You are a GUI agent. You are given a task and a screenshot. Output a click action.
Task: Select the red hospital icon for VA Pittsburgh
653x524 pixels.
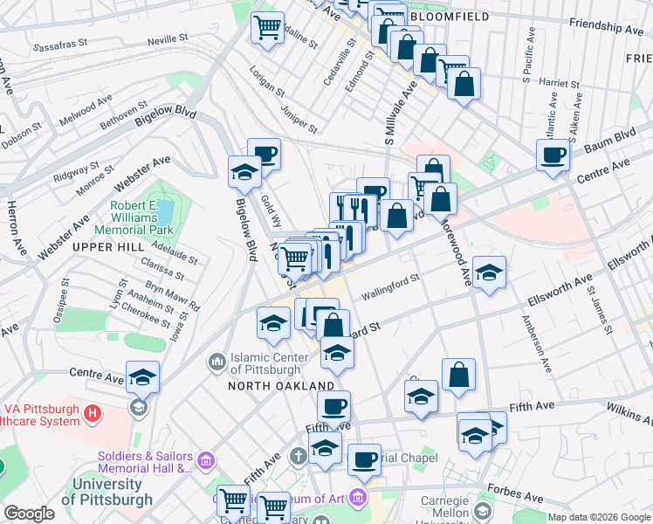coord(92,410)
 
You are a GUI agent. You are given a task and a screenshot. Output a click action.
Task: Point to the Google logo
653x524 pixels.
coord(29,514)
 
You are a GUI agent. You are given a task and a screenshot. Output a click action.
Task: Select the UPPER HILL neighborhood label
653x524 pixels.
coord(107,247)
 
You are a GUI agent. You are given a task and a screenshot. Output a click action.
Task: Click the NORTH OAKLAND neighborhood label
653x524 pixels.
coord(281,385)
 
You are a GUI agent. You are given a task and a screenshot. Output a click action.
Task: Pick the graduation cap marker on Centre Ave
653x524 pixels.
coord(142,377)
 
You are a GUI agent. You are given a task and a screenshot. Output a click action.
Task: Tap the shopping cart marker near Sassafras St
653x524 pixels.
coord(267,26)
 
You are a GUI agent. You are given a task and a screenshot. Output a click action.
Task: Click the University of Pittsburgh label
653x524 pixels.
coord(113,492)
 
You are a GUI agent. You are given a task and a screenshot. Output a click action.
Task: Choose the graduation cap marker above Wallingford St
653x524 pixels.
coord(489,272)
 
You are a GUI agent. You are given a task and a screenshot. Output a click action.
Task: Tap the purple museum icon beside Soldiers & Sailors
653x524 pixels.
coord(206,459)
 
